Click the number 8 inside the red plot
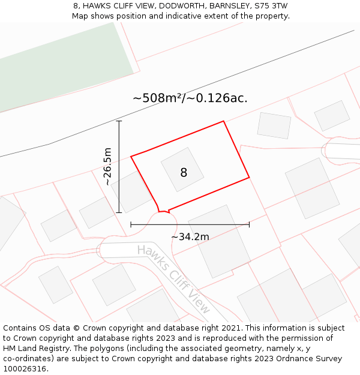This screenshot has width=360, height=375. (184, 173)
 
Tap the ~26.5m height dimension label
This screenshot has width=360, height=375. (107, 166)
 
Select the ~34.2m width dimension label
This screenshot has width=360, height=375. (190, 237)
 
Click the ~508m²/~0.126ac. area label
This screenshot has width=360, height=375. (190, 98)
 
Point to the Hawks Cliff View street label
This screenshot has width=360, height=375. (174, 278)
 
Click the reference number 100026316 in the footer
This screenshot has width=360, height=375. (23, 369)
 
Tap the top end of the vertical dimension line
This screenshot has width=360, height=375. (119, 121)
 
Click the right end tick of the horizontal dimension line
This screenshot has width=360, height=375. (249, 224)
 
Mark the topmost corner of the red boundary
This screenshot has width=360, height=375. (224, 121)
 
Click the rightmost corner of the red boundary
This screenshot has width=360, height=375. (249, 178)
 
